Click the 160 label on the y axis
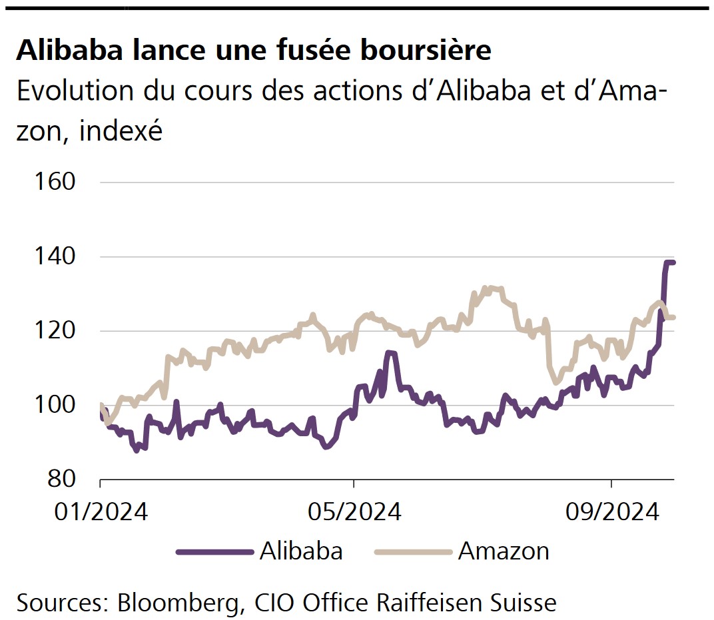pyautogui.click(x=57, y=182)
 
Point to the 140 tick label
pyautogui.click(x=57, y=257)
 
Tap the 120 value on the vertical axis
pyautogui.click(x=57, y=331)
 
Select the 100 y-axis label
pyautogui.click(x=57, y=405)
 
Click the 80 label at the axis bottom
pyautogui.click(x=65, y=479)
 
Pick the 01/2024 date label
pyautogui.click(x=100, y=512)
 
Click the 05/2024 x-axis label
pyautogui.click(x=354, y=512)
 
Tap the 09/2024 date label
pyautogui.click(x=611, y=512)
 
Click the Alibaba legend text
pyautogui.click(x=301, y=551)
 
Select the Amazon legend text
pyautogui.click(x=504, y=551)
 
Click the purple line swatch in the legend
pyautogui.click(x=214, y=551)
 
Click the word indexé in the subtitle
pyautogui.click(x=121, y=132)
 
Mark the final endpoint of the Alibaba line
pyautogui.click(x=673, y=262)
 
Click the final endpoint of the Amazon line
pyautogui.click(x=673, y=317)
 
